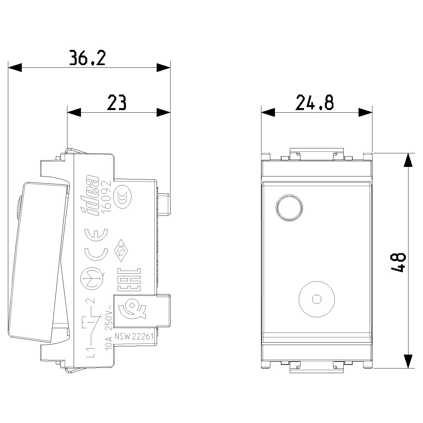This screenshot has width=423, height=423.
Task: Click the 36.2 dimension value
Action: point(87,58)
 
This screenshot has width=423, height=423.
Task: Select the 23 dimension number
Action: point(117,102)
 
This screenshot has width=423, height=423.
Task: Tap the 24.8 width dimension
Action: point(315,102)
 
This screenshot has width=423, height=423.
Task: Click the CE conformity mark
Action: point(96,245)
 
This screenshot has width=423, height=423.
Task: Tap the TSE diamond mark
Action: point(120,250)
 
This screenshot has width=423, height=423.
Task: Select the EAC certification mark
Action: point(129,280)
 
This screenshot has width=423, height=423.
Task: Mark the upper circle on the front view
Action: point(289,207)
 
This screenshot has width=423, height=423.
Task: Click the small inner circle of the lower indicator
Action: point(316,299)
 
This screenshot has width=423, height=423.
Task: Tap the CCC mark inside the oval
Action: point(123,196)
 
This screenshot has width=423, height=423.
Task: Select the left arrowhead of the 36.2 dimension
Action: point(15,67)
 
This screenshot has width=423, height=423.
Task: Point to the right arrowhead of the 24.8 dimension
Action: point(365,112)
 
